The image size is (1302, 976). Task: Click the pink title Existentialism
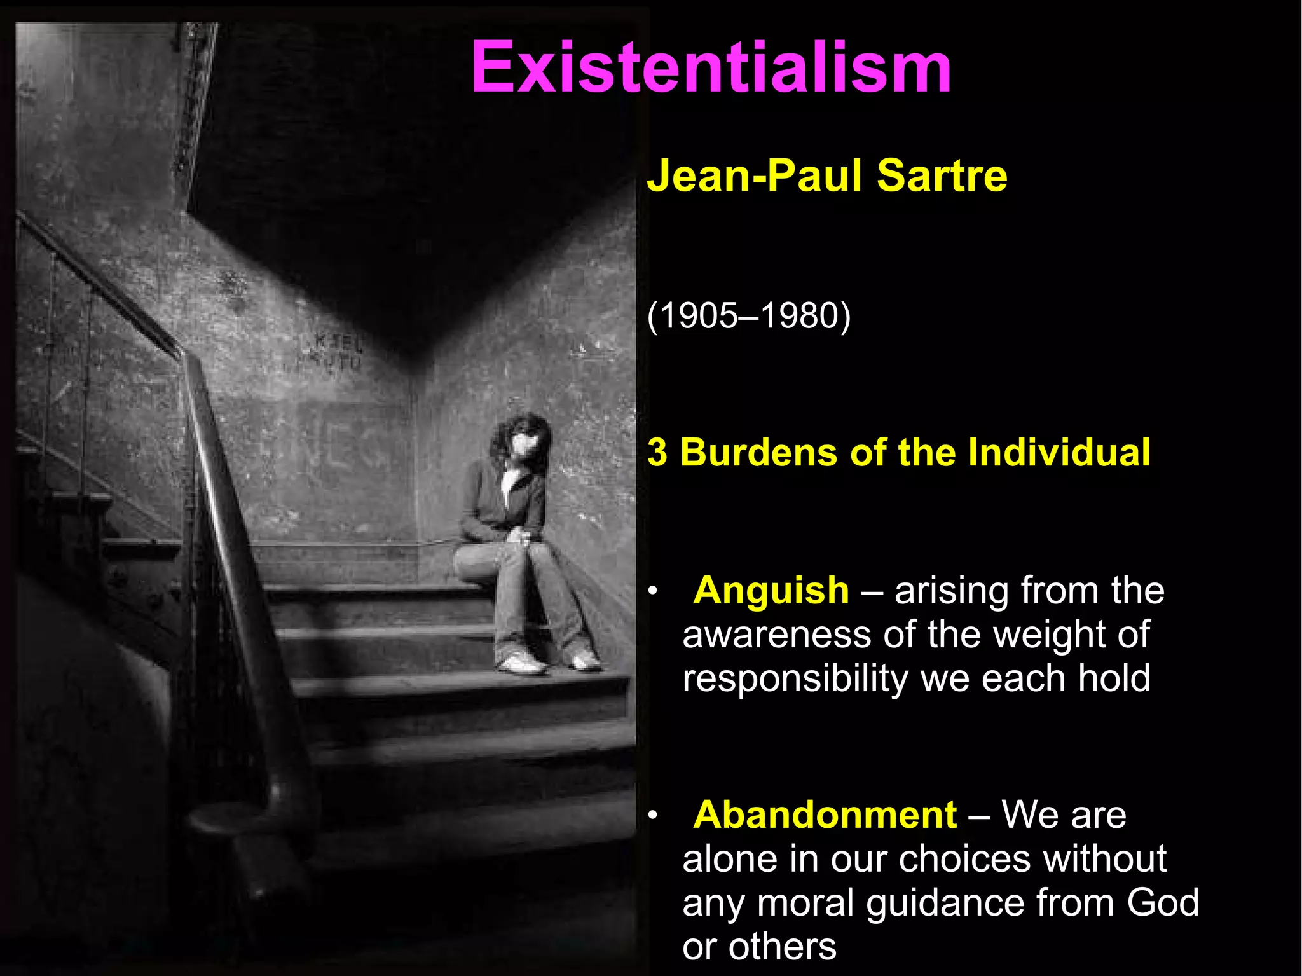711,67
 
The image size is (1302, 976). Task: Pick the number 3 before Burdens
657,453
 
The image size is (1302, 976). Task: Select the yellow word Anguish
771,590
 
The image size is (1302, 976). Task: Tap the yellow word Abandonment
825,814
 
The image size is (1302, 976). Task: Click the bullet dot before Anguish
652,593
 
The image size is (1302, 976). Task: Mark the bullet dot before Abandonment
652,816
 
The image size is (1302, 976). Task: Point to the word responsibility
795,679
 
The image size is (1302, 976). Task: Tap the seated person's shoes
550,663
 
